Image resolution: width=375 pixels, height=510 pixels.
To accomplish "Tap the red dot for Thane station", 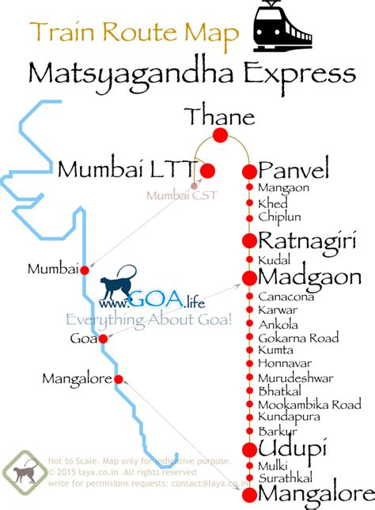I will pyautogui.click(x=220, y=136).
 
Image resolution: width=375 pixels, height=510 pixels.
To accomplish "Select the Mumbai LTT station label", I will pyautogui.click(x=127, y=169).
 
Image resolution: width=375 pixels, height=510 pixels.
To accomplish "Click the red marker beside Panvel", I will pyautogui.click(x=249, y=171).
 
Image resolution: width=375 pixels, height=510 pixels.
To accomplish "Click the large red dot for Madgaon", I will pyautogui.click(x=249, y=278).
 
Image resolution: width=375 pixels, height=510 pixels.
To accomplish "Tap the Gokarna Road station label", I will pyautogui.click(x=297, y=338).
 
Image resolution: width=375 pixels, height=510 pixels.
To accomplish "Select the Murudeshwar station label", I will pyautogui.click(x=295, y=378).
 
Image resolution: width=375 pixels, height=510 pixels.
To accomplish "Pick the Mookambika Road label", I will pyautogui.click(x=309, y=404).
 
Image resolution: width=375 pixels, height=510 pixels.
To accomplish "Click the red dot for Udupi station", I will pyautogui.click(x=249, y=449).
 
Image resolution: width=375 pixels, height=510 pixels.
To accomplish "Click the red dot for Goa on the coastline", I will pyautogui.click(x=103, y=338).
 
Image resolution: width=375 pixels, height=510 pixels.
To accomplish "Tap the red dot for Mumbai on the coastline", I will pyautogui.click(x=85, y=270).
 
